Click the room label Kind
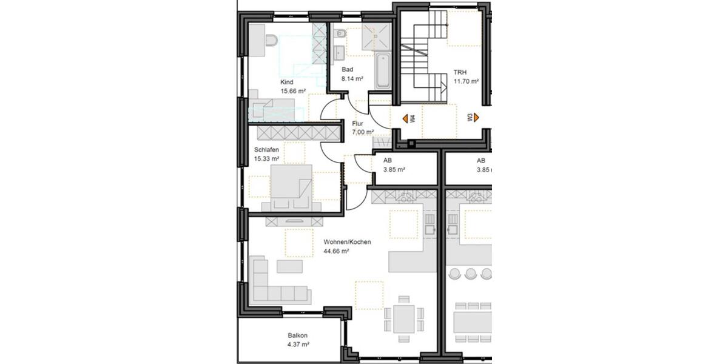tap(286, 82)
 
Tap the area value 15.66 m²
tap(292, 91)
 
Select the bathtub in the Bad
tap(382, 71)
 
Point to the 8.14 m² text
tap(352, 78)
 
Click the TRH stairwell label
tap(460, 72)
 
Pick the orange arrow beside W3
tap(477, 118)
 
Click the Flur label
tap(357, 123)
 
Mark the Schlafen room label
tap(266, 149)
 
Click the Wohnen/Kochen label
tap(347, 241)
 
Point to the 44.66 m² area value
tap(336, 251)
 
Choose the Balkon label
tap(297, 335)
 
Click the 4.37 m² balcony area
tap(298, 344)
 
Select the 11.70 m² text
tap(466, 81)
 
